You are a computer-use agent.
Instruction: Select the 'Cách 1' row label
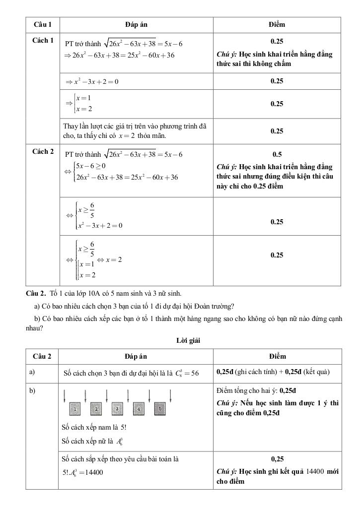(x=43, y=40)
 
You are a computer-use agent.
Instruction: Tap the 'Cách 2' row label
(x=43, y=152)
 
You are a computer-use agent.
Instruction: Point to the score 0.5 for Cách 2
(x=277, y=154)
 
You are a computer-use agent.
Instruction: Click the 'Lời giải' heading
(x=187, y=340)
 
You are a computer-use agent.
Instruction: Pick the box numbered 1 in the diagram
(x=74, y=409)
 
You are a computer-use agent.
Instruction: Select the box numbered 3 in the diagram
(x=118, y=409)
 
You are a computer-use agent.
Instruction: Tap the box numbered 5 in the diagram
(x=159, y=409)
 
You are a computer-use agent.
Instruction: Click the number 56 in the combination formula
(x=194, y=374)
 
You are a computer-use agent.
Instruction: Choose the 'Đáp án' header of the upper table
(x=136, y=24)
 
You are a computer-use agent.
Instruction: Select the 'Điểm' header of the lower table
(x=277, y=356)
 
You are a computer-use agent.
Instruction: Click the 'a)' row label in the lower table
(x=32, y=372)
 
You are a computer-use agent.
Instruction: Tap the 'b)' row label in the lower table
(x=32, y=391)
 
